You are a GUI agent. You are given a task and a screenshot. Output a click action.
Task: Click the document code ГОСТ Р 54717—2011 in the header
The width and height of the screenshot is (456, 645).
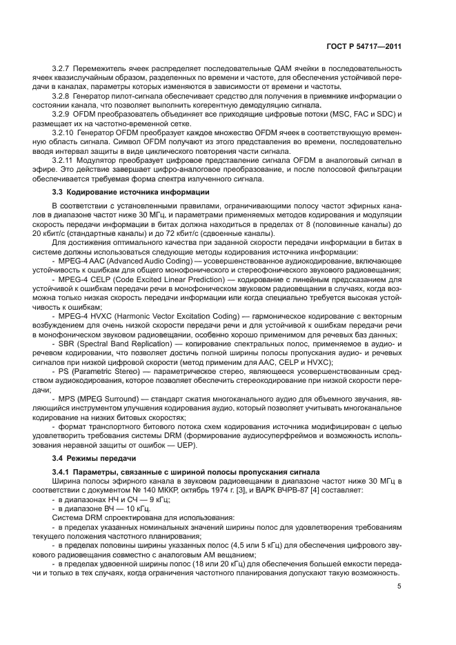point(364,46)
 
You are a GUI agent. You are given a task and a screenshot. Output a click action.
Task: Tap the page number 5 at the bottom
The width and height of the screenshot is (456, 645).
point(399,587)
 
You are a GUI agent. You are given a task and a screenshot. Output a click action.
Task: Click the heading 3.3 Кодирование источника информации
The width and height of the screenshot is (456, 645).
point(131,191)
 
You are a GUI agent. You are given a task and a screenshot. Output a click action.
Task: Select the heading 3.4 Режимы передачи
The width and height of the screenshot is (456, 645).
point(92,458)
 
